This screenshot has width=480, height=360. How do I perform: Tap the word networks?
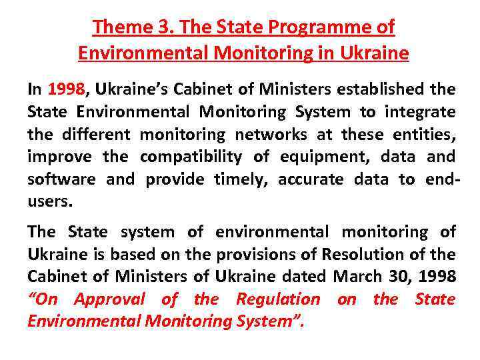pos(271,134)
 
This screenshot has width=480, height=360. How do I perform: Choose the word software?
pos(61,179)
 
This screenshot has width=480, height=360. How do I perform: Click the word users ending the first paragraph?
pos(48,202)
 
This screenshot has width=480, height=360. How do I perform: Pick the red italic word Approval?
pos(109,299)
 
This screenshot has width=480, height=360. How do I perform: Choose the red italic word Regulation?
pos(278,299)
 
